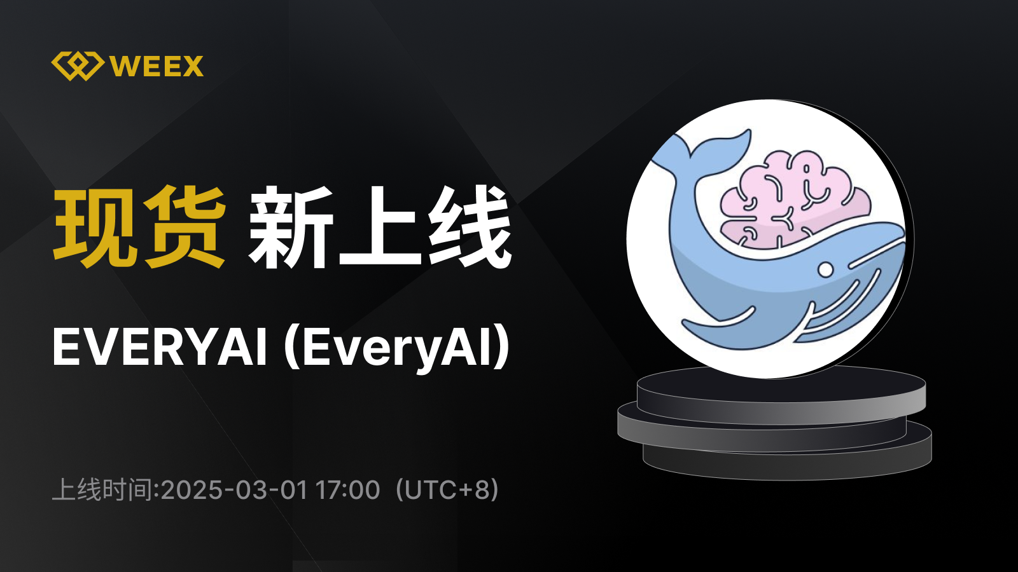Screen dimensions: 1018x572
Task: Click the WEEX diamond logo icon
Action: pos(78,66)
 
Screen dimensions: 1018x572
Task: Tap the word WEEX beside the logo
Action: pos(157,66)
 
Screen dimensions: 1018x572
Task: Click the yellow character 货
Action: pos(185,226)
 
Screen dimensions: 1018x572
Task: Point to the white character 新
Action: pos(290,226)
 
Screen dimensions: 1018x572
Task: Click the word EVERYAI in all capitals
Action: pos(160,347)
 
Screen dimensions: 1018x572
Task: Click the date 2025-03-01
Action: pos(234,490)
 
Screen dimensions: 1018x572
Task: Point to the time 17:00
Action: pos(347,490)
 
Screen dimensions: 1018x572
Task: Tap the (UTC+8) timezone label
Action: pos(447,490)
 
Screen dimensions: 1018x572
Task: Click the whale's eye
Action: pos(825,269)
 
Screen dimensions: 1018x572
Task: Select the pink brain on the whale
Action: pos(795,199)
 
